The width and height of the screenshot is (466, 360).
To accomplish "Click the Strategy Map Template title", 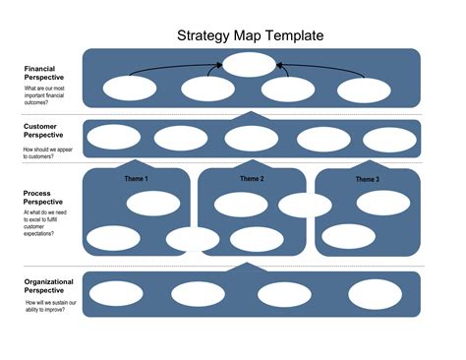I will point(250,35).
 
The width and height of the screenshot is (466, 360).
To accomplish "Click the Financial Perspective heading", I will point(46,74).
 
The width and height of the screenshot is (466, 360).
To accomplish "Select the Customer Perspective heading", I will point(45,132).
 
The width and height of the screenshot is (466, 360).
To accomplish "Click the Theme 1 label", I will point(136,179).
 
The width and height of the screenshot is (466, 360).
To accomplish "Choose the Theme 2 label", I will point(251,179).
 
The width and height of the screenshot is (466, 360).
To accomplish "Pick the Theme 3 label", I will point(367,179).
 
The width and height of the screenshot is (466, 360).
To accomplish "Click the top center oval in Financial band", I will point(250,65).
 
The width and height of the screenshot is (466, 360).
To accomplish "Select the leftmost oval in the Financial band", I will point(130,89).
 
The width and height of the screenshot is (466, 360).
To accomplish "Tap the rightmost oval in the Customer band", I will point(388,140).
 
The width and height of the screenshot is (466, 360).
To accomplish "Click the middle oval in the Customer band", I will point(251,139).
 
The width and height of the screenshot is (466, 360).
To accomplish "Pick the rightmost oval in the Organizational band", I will point(376,293).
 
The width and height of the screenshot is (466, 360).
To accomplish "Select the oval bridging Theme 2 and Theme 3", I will point(305,205).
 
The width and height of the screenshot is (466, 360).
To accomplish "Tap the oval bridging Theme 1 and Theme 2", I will point(193,239).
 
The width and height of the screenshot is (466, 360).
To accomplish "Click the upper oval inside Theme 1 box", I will point(150,204).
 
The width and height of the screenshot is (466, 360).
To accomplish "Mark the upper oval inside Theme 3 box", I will point(383,203).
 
